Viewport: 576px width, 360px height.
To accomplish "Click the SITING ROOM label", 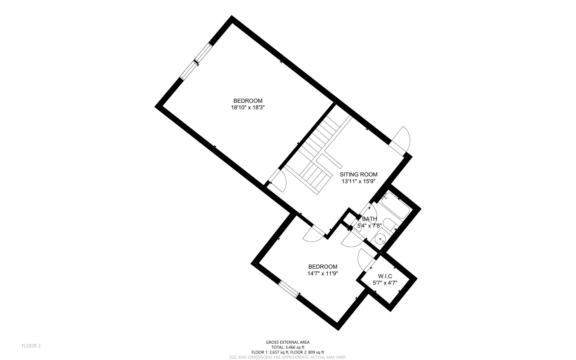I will [359, 175].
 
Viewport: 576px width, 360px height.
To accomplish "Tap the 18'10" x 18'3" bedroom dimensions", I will [248, 108].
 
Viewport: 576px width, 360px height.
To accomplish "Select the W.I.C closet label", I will [385, 276].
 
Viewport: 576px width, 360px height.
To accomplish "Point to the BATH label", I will [369, 219].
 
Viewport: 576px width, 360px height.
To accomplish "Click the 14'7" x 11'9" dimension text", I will [323, 273].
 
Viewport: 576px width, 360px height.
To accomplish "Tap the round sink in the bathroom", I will [380, 239].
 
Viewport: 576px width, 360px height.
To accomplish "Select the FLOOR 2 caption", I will [31, 346].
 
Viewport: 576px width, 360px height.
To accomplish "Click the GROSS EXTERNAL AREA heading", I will [288, 342].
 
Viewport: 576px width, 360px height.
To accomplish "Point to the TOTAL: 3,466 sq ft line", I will [288, 347].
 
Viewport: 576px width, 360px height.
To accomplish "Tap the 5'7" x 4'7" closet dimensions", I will [385, 283].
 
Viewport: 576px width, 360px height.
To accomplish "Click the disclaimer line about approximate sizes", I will [288, 357].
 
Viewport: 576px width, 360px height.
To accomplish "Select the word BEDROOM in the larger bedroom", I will [248, 101].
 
